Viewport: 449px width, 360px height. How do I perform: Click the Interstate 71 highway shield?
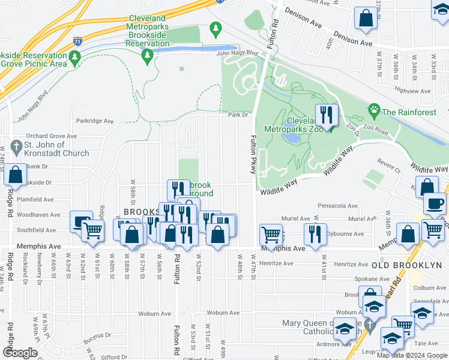[78, 41]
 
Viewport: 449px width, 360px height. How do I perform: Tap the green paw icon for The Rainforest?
[374, 111]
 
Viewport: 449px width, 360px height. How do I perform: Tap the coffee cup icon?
[435, 202]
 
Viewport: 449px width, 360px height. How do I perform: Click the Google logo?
[19, 353]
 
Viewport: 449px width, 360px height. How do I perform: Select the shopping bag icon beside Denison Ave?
[365, 19]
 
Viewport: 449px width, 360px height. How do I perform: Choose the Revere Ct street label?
[388, 161]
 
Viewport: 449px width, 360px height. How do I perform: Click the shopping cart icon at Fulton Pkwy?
[271, 233]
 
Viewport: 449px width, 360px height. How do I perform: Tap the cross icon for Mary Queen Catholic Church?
[372, 328]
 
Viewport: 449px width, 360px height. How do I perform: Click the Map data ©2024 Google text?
[411, 355]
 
